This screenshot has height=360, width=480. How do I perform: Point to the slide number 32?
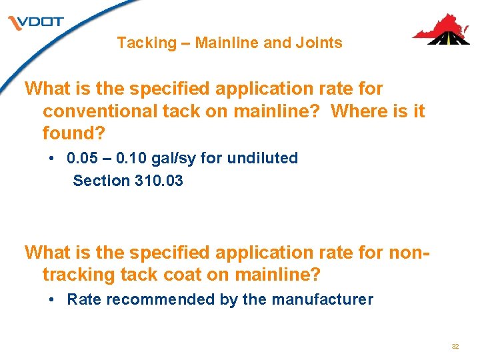455,347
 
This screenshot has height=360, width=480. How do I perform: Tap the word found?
74,133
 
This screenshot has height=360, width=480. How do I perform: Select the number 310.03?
158,181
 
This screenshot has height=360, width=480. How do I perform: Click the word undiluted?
263,159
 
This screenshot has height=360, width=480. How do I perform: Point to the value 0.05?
82,159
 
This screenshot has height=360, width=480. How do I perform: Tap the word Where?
358,111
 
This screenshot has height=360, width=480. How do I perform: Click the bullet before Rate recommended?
52,299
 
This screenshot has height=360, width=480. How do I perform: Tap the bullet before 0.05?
52,159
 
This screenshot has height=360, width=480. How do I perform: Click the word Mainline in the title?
227,43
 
